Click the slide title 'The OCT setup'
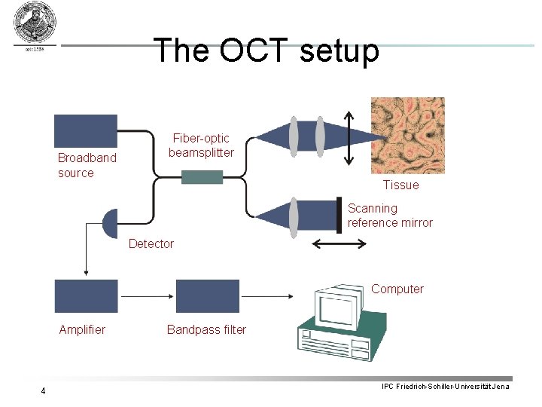(x=266, y=50)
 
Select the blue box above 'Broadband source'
(x=86, y=130)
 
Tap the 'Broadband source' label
(x=87, y=165)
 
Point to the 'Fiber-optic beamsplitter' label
(x=201, y=145)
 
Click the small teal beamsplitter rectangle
(x=202, y=177)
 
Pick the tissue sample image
(x=407, y=136)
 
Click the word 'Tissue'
(x=400, y=185)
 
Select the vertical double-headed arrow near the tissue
(x=348, y=137)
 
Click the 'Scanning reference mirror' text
(x=390, y=216)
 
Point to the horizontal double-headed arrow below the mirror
(x=339, y=243)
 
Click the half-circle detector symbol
(x=111, y=223)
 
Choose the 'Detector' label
(x=151, y=243)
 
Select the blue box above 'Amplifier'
(x=86, y=296)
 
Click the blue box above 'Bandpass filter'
(x=207, y=296)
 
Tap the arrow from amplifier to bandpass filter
(x=147, y=296)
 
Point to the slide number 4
(x=44, y=390)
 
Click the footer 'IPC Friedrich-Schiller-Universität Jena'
(x=445, y=387)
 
